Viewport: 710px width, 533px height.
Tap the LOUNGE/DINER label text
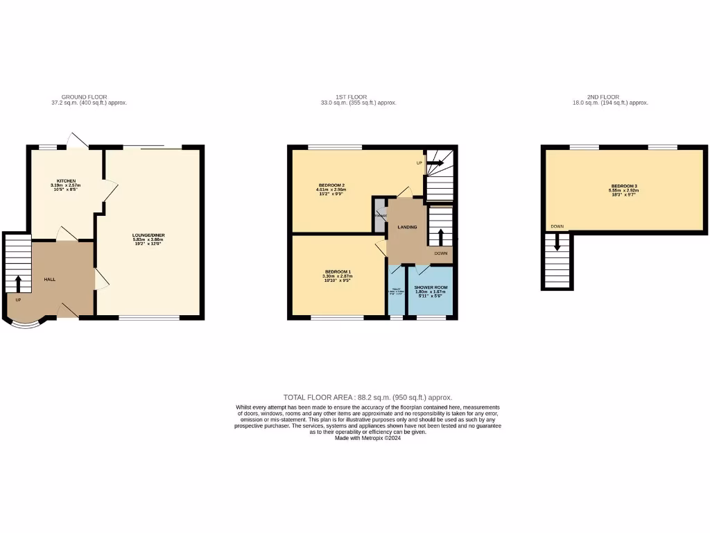[x=148, y=235]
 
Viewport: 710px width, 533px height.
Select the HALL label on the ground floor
[x=50, y=279]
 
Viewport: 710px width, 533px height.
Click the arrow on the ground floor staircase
[x=18, y=283]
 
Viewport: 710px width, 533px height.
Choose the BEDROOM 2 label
[x=331, y=185]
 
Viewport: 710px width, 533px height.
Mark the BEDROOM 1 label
[x=338, y=271]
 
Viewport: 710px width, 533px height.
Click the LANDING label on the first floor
[x=407, y=227]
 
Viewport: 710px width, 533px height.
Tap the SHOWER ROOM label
[x=431, y=287]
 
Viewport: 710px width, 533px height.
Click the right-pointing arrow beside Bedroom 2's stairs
[x=436, y=164]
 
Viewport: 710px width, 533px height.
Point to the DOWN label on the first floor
[x=441, y=253]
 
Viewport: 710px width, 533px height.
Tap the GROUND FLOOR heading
[x=84, y=97]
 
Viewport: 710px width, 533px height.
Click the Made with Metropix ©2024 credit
[x=367, y=438]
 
